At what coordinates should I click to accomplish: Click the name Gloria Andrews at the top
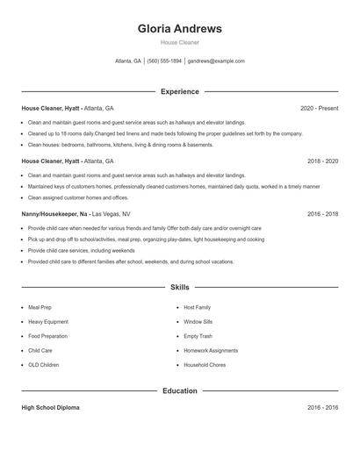click(180, 28)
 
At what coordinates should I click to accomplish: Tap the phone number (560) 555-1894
click(164, 61)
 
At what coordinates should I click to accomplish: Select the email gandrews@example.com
click(216, 61)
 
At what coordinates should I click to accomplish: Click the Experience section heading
click(180, 91)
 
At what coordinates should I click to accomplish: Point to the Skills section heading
click(180, 287)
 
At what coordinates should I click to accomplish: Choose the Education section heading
click(180, 390)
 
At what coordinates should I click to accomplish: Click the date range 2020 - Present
click(319, 108)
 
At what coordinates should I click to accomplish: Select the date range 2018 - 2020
click(322, 161)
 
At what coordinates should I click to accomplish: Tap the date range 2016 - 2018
click(322, 214)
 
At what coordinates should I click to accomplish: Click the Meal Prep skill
click(40, 308)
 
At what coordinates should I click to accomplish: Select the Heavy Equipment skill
click(48, 322)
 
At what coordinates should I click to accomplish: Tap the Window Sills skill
click(199, 322)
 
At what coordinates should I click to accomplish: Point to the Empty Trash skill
click(198, 336)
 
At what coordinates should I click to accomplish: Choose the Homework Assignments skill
click(211, 350)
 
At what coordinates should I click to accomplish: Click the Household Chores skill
click(205, 364)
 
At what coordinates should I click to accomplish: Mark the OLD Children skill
click(44, 364)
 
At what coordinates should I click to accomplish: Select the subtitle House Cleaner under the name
click(180, 42)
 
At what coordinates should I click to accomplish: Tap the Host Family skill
click(198, 308)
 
